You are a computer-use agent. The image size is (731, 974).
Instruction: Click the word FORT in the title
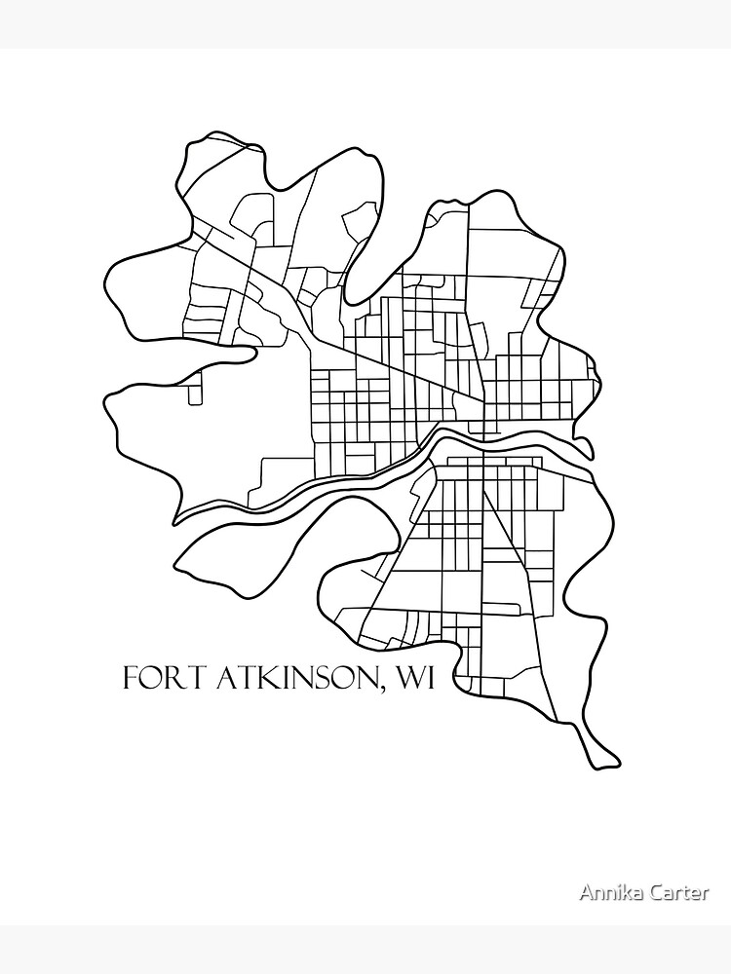(155, 678)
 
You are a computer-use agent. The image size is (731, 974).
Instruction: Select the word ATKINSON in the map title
(289, 678)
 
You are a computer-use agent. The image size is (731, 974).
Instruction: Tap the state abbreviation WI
(412, 678)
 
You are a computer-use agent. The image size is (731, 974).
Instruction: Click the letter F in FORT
(128, 678)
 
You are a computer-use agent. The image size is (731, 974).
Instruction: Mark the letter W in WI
(404, 678)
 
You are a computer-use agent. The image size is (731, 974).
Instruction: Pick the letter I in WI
(426, 678)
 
